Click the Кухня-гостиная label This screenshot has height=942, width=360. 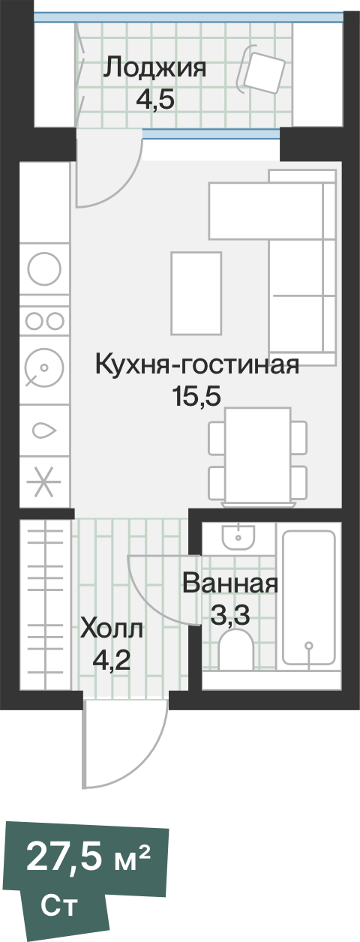[x=196, y=365]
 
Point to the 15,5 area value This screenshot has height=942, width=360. [x=196, y=397]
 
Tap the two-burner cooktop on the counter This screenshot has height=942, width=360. [x=44, y=320]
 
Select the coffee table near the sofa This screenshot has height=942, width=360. [x=196, y=292]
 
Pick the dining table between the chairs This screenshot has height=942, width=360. [x=258, y=454]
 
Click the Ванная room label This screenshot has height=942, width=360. [x=230, y=583]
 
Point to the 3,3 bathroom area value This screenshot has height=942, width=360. [x=229, y=616]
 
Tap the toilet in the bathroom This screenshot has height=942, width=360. [x=237, y=649]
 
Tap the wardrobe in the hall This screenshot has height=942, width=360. [x=44, y=604]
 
